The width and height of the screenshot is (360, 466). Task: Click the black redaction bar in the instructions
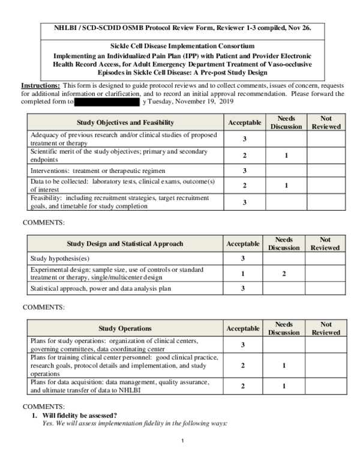pos(107,102)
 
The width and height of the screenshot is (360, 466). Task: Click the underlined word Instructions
pos(40,86)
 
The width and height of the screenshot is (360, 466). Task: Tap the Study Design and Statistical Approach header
pos(124,244)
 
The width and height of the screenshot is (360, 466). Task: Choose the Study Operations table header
pos(125,328)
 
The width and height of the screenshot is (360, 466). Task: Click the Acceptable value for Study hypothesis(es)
pos(243,259)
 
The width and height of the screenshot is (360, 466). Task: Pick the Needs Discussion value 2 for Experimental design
pos(284,274)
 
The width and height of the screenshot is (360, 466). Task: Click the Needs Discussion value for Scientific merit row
pos(286,156)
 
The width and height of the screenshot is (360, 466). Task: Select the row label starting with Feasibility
pos(119,202)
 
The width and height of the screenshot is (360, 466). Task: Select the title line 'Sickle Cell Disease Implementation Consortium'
pos(182,46)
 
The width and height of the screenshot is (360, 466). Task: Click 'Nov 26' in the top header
pos(298,28)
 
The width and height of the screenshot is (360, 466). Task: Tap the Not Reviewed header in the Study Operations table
pos(325,328)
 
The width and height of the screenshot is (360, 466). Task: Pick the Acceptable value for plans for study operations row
pos(242,345)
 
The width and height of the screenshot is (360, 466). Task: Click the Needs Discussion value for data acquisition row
pos(284,386)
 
